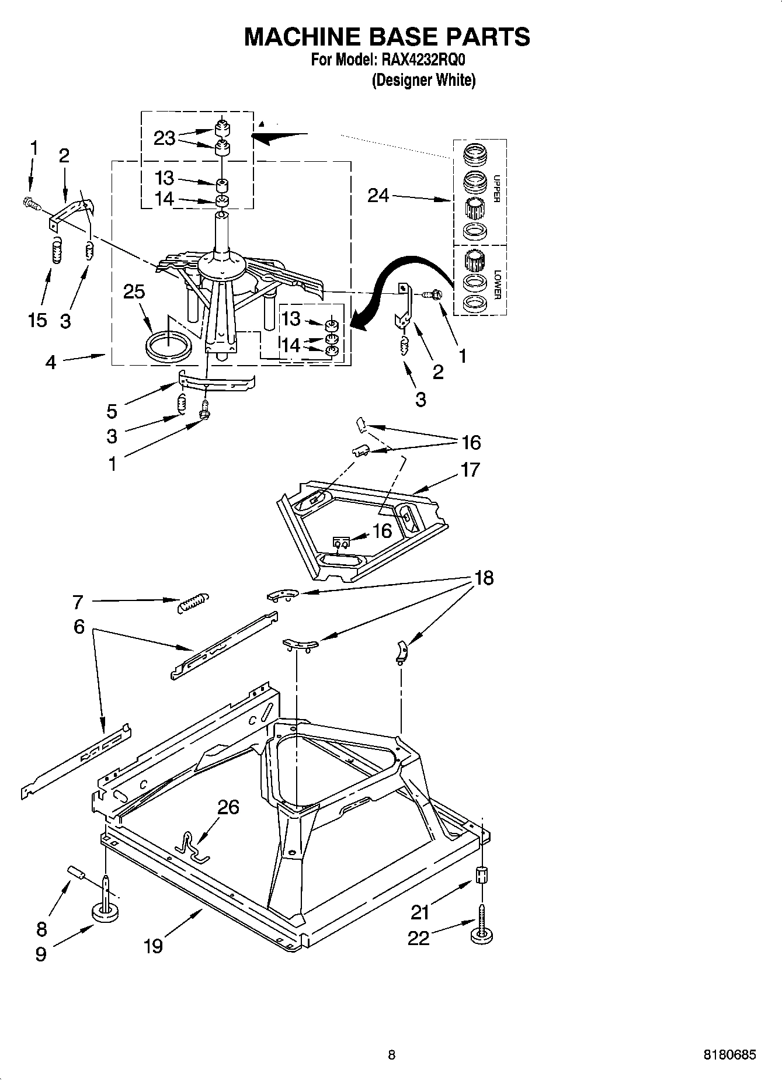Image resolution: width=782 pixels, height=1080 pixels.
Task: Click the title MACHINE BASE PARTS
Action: (387, 37)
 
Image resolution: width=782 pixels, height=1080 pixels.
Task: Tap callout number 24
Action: (378, 195)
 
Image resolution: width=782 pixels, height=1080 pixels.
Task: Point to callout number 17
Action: (470, 470)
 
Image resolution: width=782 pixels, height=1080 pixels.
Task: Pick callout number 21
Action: (420, 912)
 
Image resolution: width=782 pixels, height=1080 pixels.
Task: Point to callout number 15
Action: (37, 320)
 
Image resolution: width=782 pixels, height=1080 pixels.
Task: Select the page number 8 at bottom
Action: (391, 1054)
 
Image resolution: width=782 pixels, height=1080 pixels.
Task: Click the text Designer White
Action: (424, 80)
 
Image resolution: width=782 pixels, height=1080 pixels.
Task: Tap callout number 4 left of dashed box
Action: (51, 363)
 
